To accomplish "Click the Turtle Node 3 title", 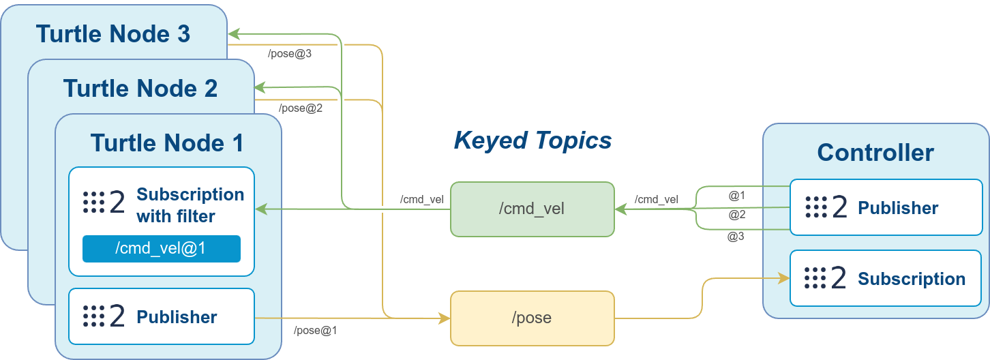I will click(x=112, y=34).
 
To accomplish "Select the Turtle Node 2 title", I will click(x=140, y=89).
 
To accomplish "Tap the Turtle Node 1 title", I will click(x=167, y=143).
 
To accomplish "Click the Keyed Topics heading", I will click(x=532, y=140).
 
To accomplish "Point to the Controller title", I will click(x=875, y=152).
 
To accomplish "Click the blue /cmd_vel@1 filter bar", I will click(x=162, y=249).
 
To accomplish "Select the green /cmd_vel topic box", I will click(x=532, y=209).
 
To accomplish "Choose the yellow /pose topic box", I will click(x=532, y=318).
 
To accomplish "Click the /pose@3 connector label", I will click(x=290, y=53).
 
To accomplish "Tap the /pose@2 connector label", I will click(x=301, y=108).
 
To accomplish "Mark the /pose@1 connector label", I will click(x=316, y=331).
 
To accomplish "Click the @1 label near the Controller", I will click(x=736, y=196).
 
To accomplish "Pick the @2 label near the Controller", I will click(x=736, y=215).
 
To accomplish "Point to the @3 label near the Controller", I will click(x=736, y=237).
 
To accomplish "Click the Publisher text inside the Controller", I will click(x=898, y=208).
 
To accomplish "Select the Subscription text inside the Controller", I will click(x=912, y=279).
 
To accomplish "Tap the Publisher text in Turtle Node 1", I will click(x=177, y=317).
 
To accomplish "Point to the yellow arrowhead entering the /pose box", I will click(x=444, y=318).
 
